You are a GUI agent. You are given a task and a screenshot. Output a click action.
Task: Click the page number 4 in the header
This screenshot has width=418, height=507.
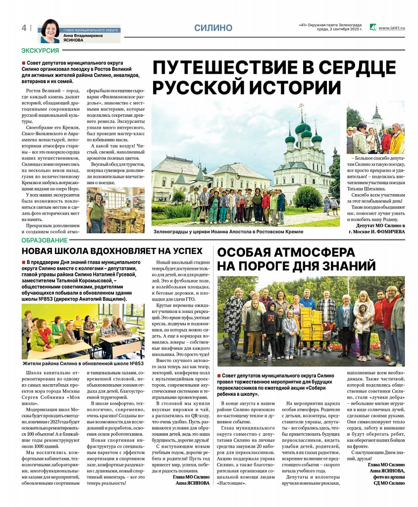(x=24, y=28)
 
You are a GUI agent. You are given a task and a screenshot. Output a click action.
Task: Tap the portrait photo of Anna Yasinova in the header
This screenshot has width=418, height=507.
(x=50, y=31)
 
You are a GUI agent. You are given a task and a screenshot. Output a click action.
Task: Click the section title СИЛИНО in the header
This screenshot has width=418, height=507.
(x=213, y=28)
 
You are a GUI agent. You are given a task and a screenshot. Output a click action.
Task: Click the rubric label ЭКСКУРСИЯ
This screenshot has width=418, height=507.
(x=40, y=51)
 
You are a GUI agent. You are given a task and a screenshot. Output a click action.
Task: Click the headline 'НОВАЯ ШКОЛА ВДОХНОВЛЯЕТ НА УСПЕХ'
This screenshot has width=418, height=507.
(x=112, y=251)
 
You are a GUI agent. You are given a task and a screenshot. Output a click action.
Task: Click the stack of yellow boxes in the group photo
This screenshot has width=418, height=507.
(x=311, y=324)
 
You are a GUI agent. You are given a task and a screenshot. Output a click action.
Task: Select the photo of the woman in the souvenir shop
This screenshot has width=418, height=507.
(x=115, y=210)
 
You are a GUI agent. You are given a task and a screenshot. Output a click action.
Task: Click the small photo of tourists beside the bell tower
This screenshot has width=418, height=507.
(x=375, y=128)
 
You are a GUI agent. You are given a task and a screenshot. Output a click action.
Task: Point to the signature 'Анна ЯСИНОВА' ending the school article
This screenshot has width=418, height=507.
(x=193, y=483)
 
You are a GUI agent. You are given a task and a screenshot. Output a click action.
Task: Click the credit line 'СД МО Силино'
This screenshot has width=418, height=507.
(x=389, y=483)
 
